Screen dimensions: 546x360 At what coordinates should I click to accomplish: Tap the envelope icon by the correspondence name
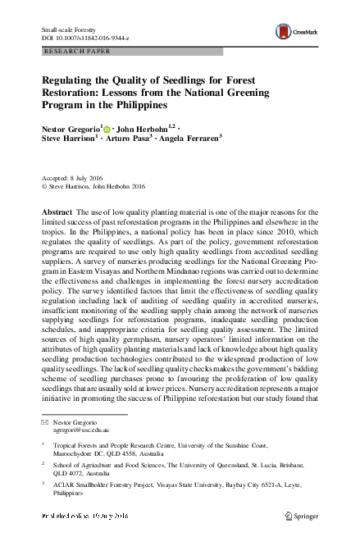pos(44,421)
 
